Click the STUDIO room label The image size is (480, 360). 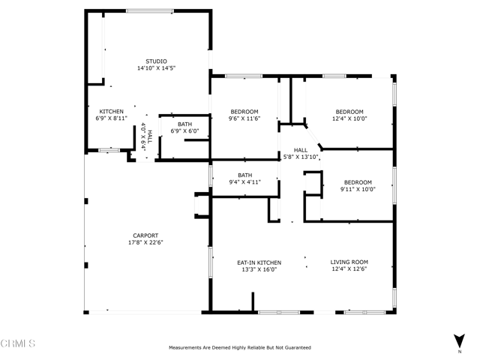point(156,61)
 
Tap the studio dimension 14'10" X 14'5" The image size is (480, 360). point(156,68)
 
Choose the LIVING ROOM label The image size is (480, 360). point(349,262)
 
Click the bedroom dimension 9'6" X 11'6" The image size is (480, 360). point(244,118)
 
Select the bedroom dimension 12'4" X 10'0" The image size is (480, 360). point(349,118)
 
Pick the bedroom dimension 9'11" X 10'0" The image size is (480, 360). point(358,189)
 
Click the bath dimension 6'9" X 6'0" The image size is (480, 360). point(184,130)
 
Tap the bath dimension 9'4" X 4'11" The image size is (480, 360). point(244,182)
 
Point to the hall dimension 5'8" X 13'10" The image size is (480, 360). point(300,157)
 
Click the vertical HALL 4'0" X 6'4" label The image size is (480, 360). point(147,136)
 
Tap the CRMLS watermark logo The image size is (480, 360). point(19,344)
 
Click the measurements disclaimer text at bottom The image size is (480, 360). point(239,347)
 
